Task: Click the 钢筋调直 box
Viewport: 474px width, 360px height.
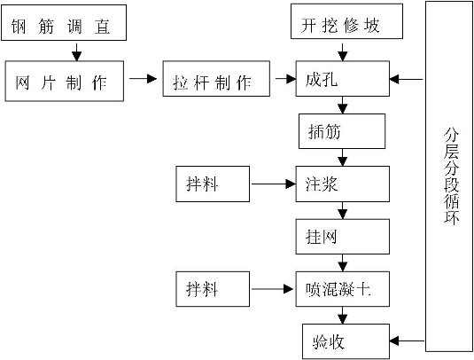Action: [64, 23]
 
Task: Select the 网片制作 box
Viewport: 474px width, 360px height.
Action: [65, 81]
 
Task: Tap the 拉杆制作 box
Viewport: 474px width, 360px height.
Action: [216, 79]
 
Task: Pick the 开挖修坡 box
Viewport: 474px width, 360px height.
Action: [346, 21]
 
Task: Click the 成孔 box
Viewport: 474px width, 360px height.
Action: [343, 79]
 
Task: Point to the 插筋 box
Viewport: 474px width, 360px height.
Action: [342, 131]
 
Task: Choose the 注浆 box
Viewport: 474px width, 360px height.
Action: [343, 184]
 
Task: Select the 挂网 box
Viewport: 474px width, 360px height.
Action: [343, 237]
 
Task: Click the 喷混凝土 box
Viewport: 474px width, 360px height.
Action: [343, 289]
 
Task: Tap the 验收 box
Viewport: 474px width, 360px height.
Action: [346, 341]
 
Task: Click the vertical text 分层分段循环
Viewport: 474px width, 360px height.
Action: [451, 177]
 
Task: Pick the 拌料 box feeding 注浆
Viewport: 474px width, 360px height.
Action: [213, 184]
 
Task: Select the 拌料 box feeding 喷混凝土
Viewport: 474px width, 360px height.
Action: [213, 289]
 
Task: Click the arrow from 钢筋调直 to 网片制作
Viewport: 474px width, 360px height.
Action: [76, 52]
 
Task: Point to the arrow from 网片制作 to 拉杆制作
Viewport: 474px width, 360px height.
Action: [143, 79]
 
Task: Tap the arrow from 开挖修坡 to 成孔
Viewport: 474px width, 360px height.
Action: [343, 52]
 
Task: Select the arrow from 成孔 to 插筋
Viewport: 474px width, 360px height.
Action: [343, 106]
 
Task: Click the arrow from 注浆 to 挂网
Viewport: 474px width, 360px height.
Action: [343, 210]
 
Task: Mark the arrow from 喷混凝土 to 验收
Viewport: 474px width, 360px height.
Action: [343, 316]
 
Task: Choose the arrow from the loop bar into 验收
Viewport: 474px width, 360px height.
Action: [408, 341]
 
